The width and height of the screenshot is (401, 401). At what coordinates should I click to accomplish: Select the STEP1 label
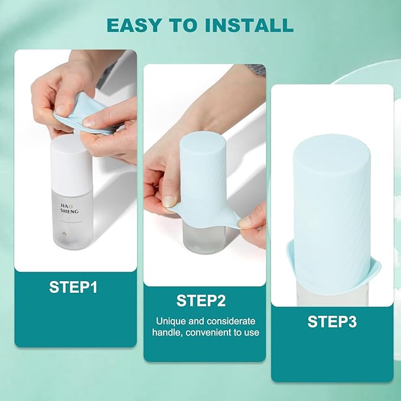click(x=73, y=288)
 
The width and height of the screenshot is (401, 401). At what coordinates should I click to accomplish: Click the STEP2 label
click(x=201, y=301)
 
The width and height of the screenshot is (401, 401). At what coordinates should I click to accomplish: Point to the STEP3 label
click(x=332, y=321)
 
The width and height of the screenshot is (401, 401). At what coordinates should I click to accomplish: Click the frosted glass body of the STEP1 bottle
click(x=70, y=224)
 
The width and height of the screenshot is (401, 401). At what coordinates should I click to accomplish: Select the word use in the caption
click(x=250, y=332)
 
